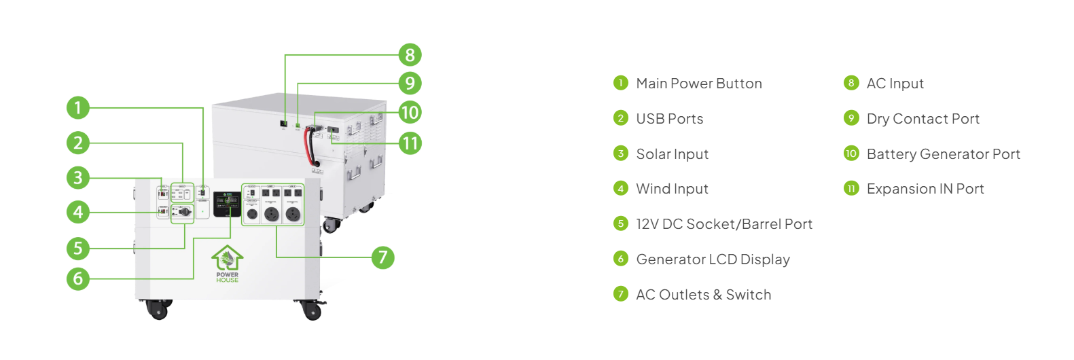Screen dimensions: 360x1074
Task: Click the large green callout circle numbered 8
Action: [410, 55]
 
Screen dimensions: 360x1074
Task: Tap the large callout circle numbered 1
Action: [78, 107]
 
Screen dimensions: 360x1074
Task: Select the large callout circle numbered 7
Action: [382, 257]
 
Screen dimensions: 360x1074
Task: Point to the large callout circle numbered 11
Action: [410, 143]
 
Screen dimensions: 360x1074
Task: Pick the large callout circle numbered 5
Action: [78, 248]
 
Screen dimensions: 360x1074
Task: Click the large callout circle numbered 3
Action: [78, 178]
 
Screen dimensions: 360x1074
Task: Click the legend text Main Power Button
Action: [698, 84]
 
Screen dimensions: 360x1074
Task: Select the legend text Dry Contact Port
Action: [923, 119]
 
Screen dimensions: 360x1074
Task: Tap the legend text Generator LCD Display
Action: [713, 259]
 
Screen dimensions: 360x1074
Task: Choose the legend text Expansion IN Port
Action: [925, 189]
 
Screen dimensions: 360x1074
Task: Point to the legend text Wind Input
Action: [672, 189]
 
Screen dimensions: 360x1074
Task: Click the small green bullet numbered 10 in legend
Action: [851, 154]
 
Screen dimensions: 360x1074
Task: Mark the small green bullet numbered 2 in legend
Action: [620, 118]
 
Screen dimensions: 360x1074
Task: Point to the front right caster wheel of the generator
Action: [312, 310]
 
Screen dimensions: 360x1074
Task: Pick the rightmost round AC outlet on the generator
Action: [293, 214]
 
